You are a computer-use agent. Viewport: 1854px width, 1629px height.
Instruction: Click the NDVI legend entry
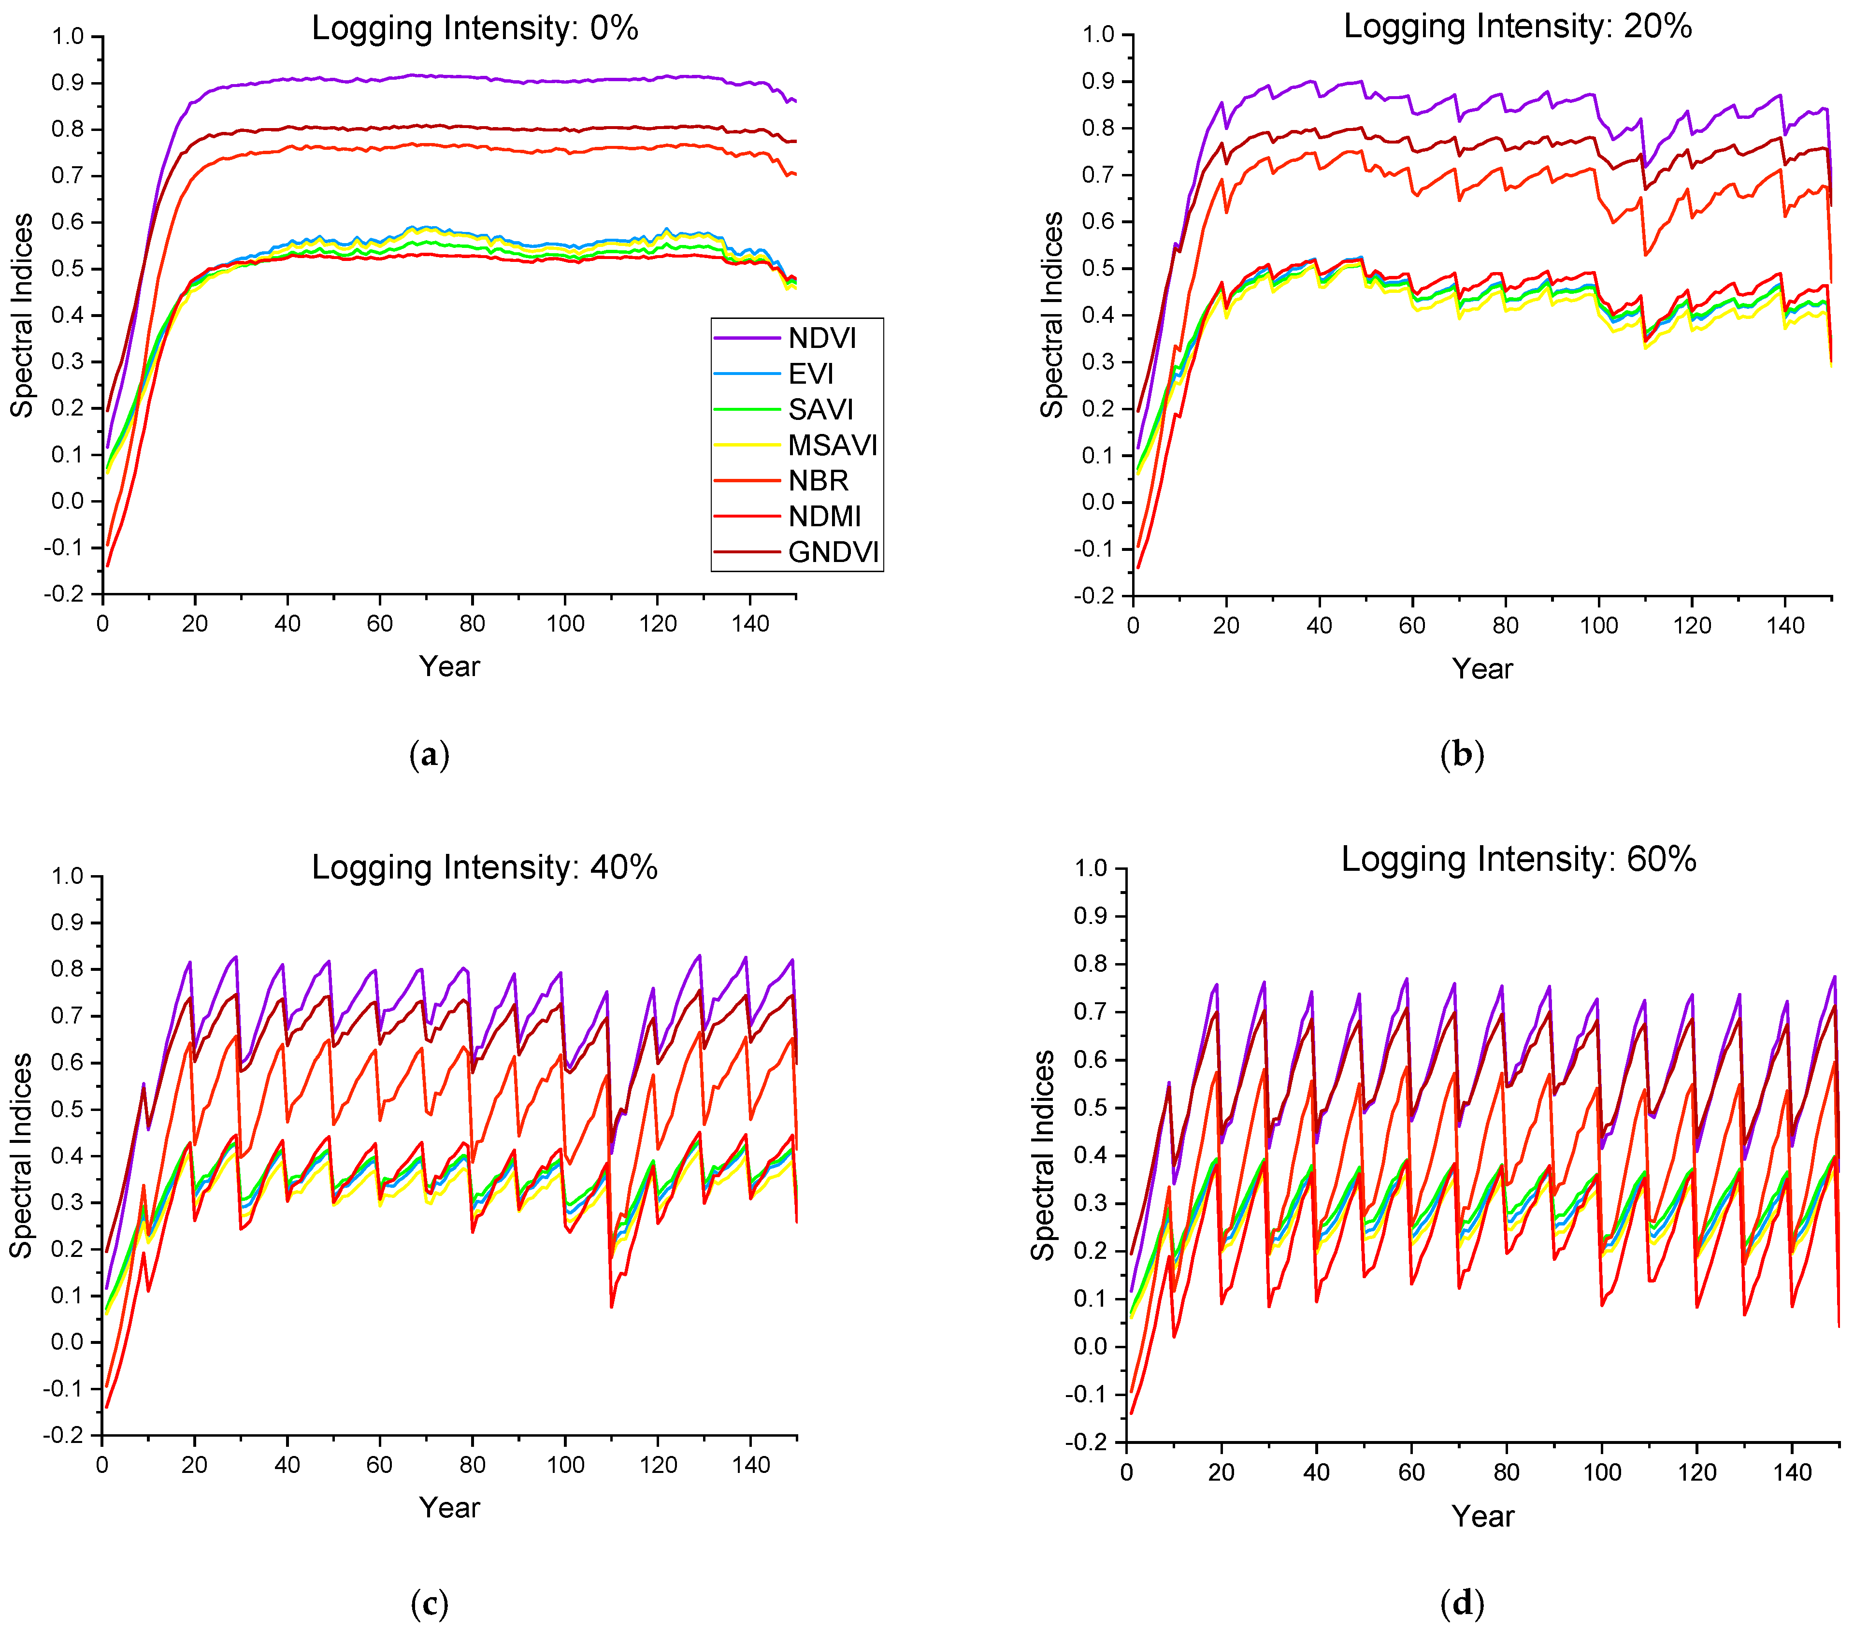tap(822, 338)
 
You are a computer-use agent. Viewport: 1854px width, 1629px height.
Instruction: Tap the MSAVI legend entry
tap(833, 446)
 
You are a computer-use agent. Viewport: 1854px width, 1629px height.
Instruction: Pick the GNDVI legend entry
tap(834, 552)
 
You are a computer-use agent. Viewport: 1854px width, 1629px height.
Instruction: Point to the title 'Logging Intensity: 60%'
tap(1518, 859)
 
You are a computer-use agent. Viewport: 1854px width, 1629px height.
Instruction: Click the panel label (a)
tap(429, 755)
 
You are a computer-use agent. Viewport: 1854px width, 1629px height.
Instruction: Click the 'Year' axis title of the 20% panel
tap(1482, 668)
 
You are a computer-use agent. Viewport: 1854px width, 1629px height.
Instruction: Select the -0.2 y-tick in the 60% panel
tap(1090, 1442)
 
